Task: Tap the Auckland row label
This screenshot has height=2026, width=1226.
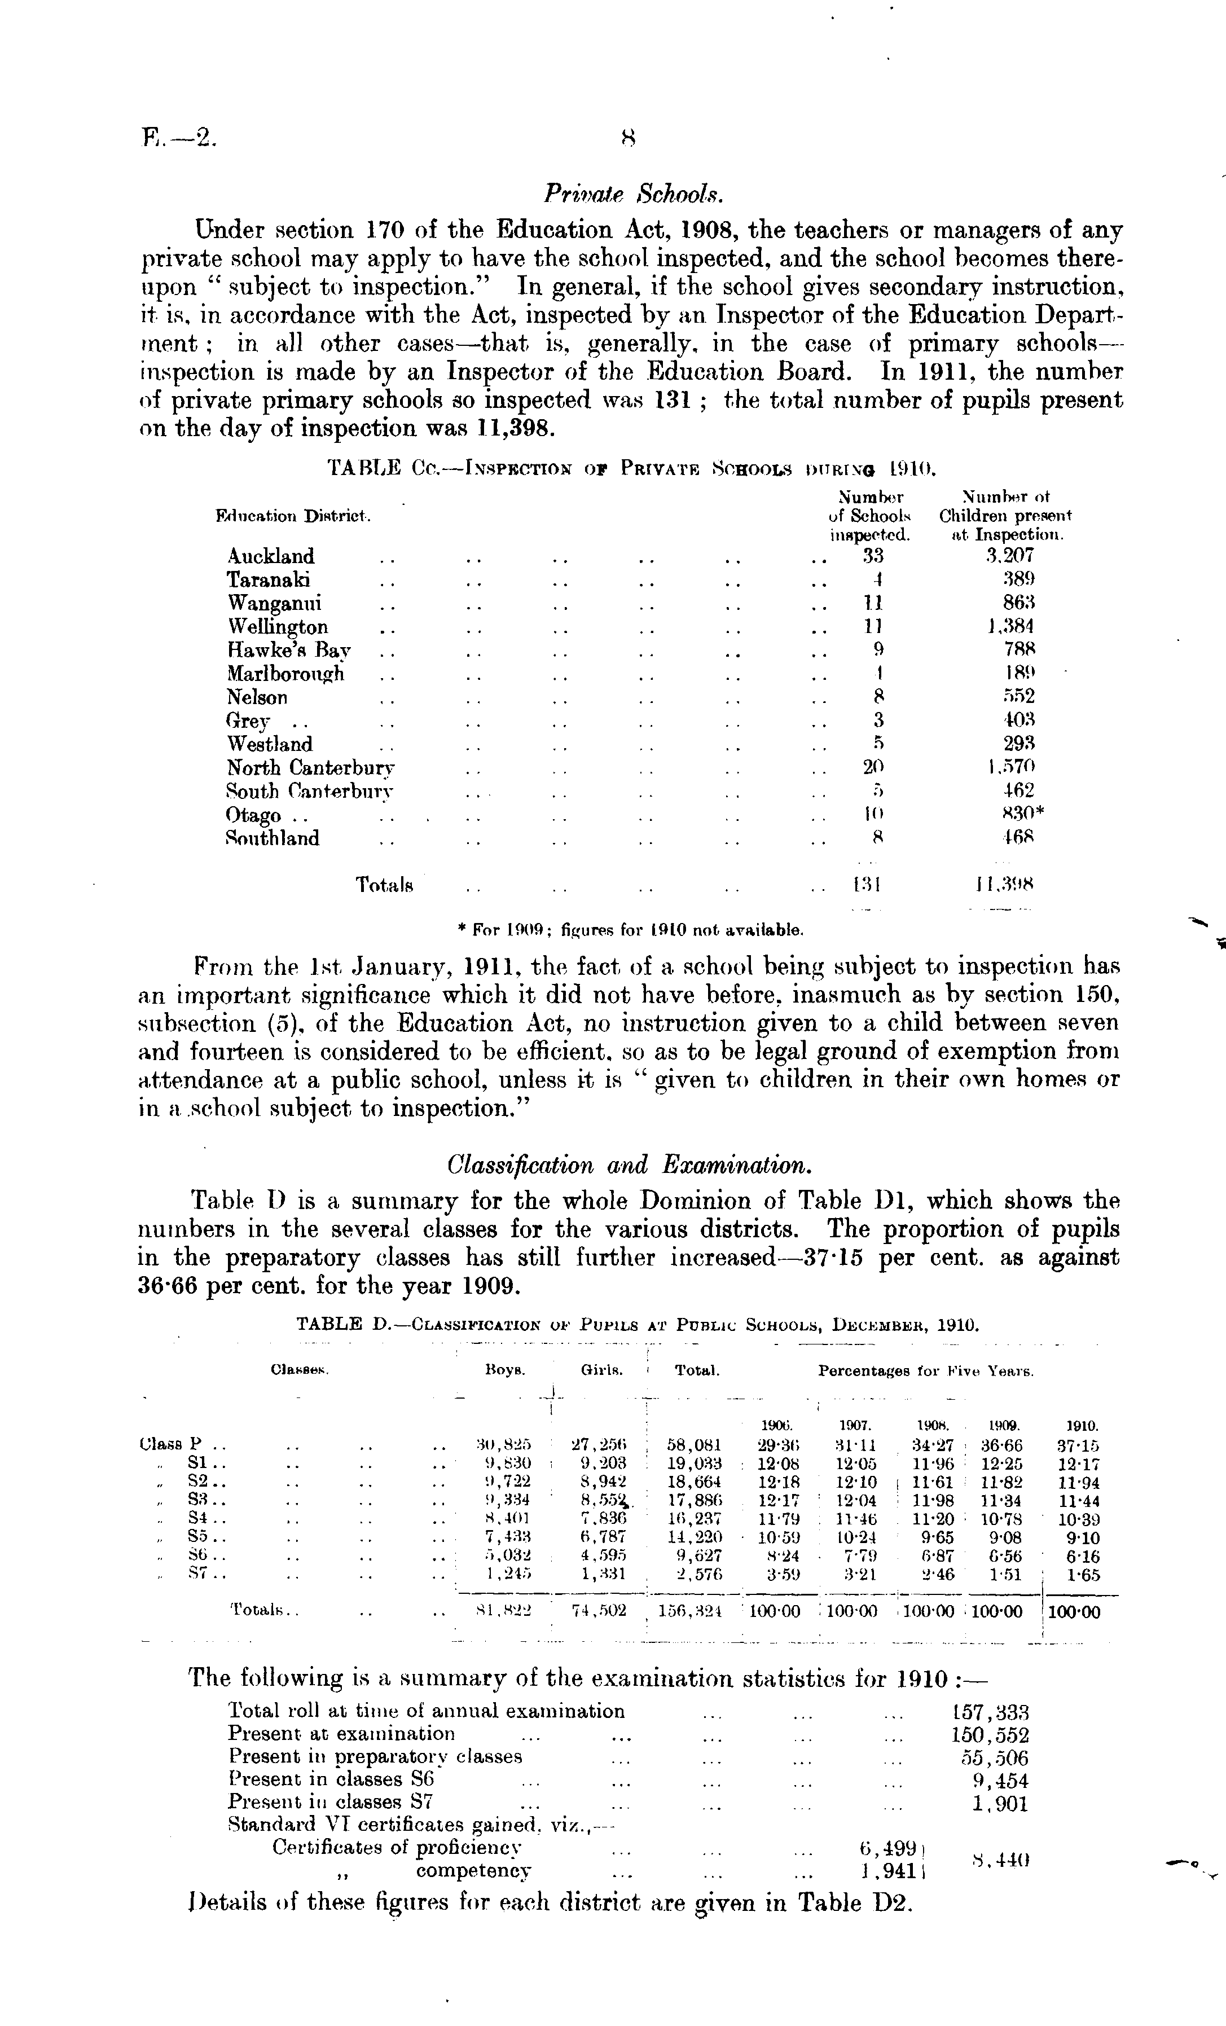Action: coord(270,557)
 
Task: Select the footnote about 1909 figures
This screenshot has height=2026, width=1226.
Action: coord(630,931)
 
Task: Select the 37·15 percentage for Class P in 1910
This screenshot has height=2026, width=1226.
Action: coord(1079,1445)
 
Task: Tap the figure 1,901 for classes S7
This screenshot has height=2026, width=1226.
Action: coord(1000,1804)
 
